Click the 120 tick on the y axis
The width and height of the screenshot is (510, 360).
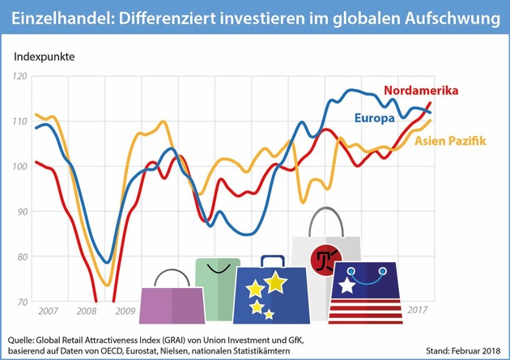(20, 75)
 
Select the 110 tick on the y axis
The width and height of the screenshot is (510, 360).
(20, 121)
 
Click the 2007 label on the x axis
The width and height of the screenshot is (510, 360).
(48, 310)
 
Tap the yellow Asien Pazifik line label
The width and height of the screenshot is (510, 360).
(450, 142)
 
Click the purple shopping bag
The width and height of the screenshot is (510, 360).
(172, 304)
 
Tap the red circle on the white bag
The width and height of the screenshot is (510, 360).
(325, 259)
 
